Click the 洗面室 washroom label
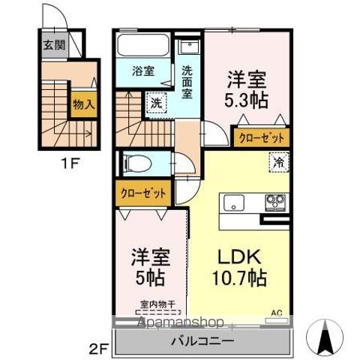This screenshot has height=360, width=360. tap(187, 78)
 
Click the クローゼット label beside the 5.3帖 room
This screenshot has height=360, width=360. tap(262, 137)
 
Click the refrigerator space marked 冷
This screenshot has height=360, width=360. tap(277, 160)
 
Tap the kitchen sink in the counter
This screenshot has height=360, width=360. tap(232, 202)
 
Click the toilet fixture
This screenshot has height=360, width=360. tap(135, 162)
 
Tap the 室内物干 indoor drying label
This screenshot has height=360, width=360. tap(156, 304)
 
